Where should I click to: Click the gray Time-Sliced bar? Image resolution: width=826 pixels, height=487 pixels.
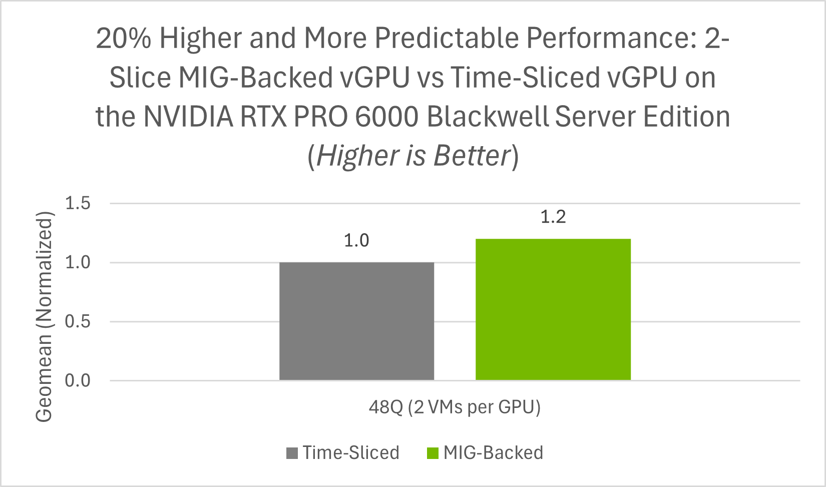tap(356, 321)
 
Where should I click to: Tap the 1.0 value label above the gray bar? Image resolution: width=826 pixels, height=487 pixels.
tap(356, 241)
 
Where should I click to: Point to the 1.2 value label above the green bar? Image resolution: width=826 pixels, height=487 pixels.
tap(553, 217)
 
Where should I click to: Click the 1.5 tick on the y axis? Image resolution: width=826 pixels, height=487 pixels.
tap(78, 203)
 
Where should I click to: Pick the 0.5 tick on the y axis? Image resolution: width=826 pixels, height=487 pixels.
tap(78, 321)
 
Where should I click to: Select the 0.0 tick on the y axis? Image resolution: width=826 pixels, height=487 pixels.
tap(78, 380)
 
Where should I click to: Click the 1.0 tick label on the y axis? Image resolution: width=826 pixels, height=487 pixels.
tap(78, 262)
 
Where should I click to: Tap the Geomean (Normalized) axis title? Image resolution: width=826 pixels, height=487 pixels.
tap(44, 316)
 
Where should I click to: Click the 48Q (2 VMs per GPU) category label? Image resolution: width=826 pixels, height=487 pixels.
tap(455, 407)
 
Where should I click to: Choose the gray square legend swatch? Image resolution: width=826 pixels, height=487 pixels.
tap(292, 453)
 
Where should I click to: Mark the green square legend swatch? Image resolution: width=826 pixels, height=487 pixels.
tap(433, 453)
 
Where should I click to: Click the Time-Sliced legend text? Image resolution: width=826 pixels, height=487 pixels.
tap(351, 452)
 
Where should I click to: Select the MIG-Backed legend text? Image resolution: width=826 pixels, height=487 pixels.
tap(493, 452)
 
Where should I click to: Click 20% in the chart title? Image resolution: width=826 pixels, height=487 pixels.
tap(123, 38)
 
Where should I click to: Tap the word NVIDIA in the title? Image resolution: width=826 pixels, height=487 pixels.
tap(188, 117)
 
